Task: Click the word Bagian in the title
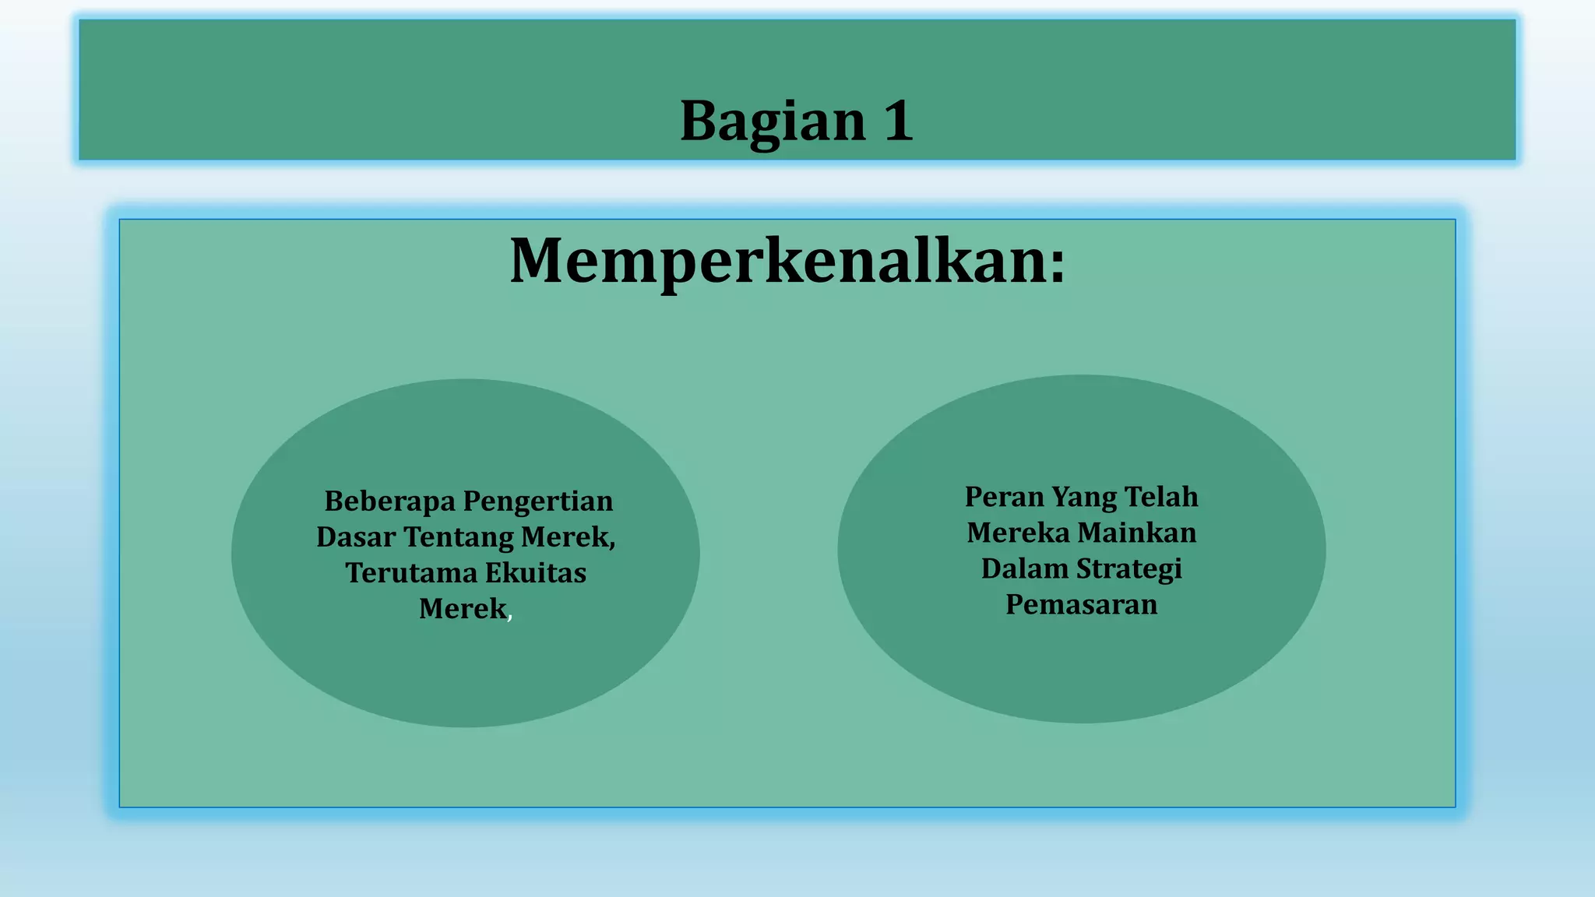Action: point(773,122)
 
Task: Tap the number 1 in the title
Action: point(898,121)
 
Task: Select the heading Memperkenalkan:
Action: point(787,261)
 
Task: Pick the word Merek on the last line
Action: point(462,608)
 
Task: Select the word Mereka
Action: point(1018,533)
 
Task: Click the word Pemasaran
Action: point(1081,604)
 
